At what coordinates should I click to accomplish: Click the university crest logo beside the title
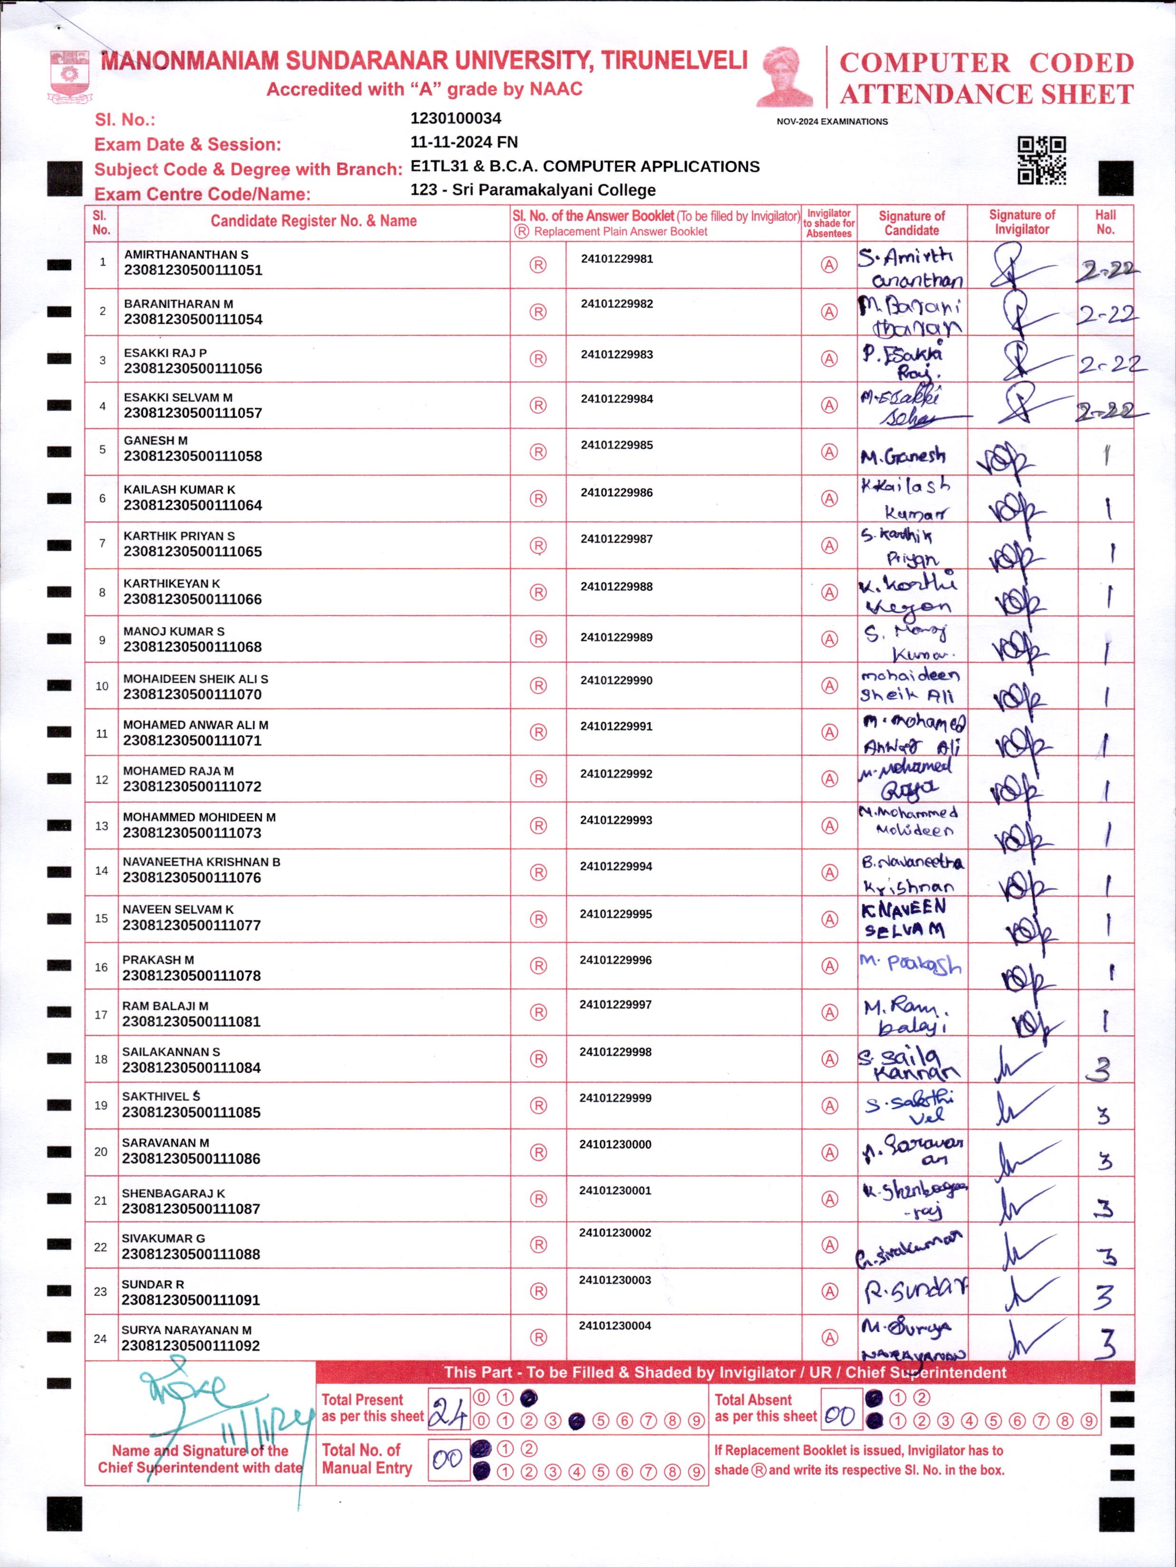[x=69, y=76]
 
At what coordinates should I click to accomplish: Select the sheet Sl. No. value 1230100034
[x=455, y=118]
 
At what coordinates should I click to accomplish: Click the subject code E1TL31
[x=439, y=167]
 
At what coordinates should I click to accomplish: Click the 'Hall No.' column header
[x=1105, y=222]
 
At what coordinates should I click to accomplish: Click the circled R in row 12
[x=539, y=779]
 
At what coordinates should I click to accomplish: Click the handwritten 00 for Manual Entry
[x=448, y=1459]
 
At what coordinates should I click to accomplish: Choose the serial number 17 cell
[x=101, y=1014]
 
